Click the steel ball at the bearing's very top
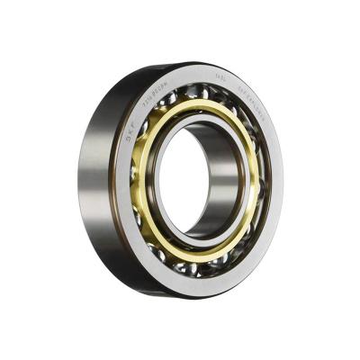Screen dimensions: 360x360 (200, 91)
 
